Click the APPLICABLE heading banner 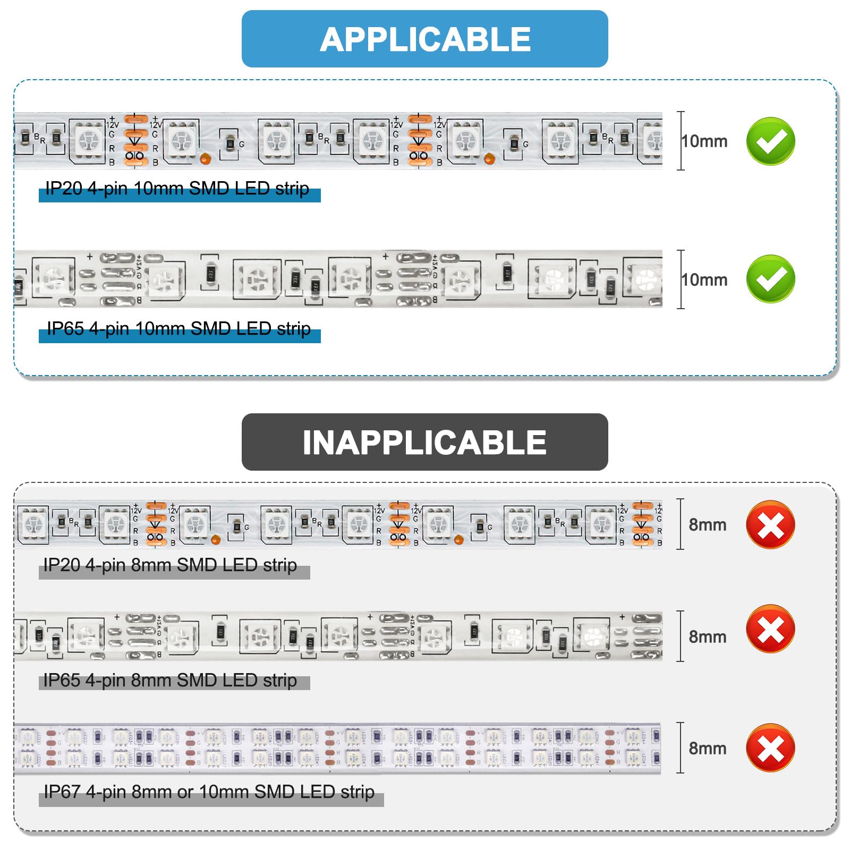pos(424,39)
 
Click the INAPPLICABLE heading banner pos(424,442)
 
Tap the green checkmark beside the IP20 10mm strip pos(770,141)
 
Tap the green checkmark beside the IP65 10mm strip pos(770,279)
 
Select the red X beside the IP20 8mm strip pos(770,525)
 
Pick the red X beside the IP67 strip pos(770,748)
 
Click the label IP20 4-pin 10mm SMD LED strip pos(177,189)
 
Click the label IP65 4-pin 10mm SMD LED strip pos(178,329)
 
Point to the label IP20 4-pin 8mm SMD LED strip pos(170,565)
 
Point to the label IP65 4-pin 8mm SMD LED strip pos(170,681)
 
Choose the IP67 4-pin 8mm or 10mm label pos(209,792)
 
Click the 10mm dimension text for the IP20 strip pos(704,141)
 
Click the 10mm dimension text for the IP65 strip pos(704,280)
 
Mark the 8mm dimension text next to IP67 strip pos(707,749)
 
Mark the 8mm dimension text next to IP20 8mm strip pos(707,525)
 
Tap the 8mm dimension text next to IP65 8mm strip pos(707,636)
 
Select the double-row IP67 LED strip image pos(337,748)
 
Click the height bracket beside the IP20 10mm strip pos(681,141)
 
